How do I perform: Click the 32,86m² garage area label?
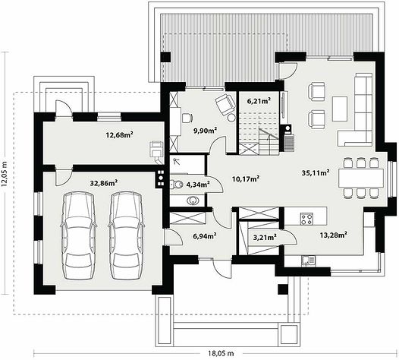tap(104, 183)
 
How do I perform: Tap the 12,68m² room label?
tap(120, 134)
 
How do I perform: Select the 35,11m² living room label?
tap(316, 172)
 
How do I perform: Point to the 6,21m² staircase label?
tap(259, 101)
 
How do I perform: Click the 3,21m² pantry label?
tap(265, 238)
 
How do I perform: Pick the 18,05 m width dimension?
tap(221, 353)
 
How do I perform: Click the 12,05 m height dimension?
tap(5, 173)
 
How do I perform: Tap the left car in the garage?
tap(78, 235)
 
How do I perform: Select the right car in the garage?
tap(126, 235)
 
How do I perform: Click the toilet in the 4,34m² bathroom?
tap(176, 185)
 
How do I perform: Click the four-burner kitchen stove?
tap(306, 219)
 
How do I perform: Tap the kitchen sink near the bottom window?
tap(309, 261)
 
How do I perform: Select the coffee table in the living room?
tap(340, 109)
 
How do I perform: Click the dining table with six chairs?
tap(361, 178)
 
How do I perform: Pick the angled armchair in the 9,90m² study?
tap(225, 105)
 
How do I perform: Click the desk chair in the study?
tap(187, 118)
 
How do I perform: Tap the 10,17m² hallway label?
tap(246, 178)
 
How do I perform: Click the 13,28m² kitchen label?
tap(334, 235)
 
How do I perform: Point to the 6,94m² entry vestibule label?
tap(205, 236)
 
